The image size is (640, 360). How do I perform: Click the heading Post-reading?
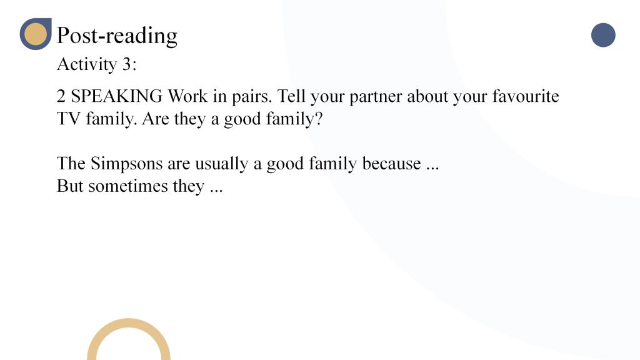pos(117,36)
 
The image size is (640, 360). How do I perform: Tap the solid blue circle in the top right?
pos(603,35)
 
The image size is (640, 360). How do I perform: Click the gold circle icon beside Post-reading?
pos(36,34)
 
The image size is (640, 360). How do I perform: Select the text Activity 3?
pos(97,64)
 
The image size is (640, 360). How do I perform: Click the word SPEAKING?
pos(117,96)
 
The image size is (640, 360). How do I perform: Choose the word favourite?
pos(525,96)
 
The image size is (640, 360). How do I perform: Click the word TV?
pos(69,119)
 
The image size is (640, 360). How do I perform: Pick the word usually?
pos(222,164)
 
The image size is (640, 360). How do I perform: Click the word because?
pos(391,163)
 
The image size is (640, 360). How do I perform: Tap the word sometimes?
pos(127,186)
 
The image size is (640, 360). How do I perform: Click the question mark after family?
pos(318,119)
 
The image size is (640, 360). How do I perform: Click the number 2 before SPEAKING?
pos(61,96)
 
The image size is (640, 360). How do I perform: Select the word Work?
pos(187,96)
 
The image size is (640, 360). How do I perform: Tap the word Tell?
pos(291,96)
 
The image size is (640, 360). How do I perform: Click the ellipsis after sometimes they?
pos(216,191)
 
